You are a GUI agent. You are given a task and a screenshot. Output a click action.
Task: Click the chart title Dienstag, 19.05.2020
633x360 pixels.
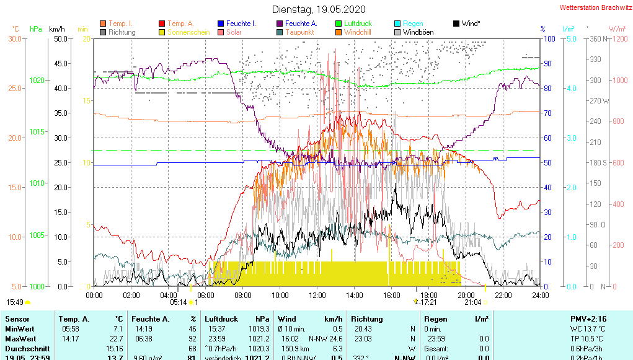click(319, 9)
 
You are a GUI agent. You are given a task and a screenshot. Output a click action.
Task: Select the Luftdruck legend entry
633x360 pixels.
click(358, 24)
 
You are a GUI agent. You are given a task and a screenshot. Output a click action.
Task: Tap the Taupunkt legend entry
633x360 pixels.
click(301, 32)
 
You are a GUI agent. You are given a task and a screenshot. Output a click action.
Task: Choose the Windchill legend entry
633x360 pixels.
click(358, 32)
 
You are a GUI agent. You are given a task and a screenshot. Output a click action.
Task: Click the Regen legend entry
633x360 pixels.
click(413, 24)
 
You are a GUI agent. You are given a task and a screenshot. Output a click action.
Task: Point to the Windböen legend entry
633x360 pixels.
click(418, 32)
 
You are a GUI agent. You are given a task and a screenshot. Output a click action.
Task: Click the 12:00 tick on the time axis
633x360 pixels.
click(317, 296)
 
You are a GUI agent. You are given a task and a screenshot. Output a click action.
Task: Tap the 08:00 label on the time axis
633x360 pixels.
click(243, 296)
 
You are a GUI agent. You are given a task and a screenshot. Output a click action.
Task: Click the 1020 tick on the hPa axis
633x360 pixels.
click(37, 81)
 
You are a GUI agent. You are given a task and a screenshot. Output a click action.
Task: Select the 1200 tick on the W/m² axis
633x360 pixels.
click(617, 39)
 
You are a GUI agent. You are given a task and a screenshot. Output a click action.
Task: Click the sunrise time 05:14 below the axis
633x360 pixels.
click(179, 302)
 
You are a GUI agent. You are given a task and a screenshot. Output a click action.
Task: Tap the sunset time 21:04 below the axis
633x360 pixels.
click(473, 302)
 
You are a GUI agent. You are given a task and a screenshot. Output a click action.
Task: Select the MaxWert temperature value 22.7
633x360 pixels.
click(115, 339)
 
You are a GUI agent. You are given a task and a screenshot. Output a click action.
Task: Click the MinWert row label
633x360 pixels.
click(19, 329)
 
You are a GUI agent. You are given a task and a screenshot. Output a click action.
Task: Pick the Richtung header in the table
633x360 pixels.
click(367, 318)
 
